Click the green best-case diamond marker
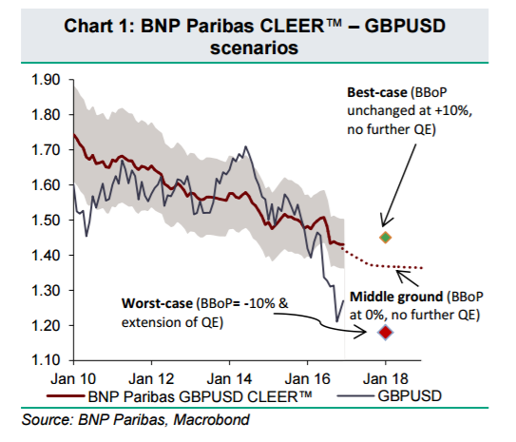pyautogui.click(x=386, y=238)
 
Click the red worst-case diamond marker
pyautogui.click(x=386, y=333)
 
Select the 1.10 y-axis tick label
pyautogui.click(x=46, y=360)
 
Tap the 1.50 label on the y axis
pyautogui.click(x=46, y=220)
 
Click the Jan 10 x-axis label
pyautogui.click(x=73, y=379)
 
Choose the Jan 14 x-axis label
pyautogui.click(x=229, y=379)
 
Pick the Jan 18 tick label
pyautogui.click(x=386, y=379)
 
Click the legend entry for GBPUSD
pyautogui.click(x=390, y=396)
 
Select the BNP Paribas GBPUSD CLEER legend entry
pyautogui.click(x=179, y=396)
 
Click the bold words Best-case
pyautogui.click(x=377, y=92)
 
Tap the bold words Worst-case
pyautogui.click(x=157, y=303)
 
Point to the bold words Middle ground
pyautogui.click(x=396, y=297)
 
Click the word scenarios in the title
pyautogui.click(x=254, y=48)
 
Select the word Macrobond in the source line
pyautogui.click(x=211, y=419)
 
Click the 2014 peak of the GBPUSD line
pyautogui.click(x=245, y=146)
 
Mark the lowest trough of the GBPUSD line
pyautogui.click(x=336, y=321)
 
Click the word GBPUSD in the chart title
pyautogui.click(x=405, y=26)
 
